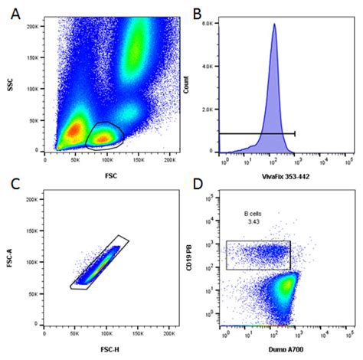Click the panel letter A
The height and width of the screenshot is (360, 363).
pyautogui.click(x=15, y=15)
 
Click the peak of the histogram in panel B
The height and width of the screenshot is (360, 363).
pyautogui.click(x=273, y=25)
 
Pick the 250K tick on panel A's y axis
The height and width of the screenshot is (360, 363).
pyautogui.click(x=34, y=16)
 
